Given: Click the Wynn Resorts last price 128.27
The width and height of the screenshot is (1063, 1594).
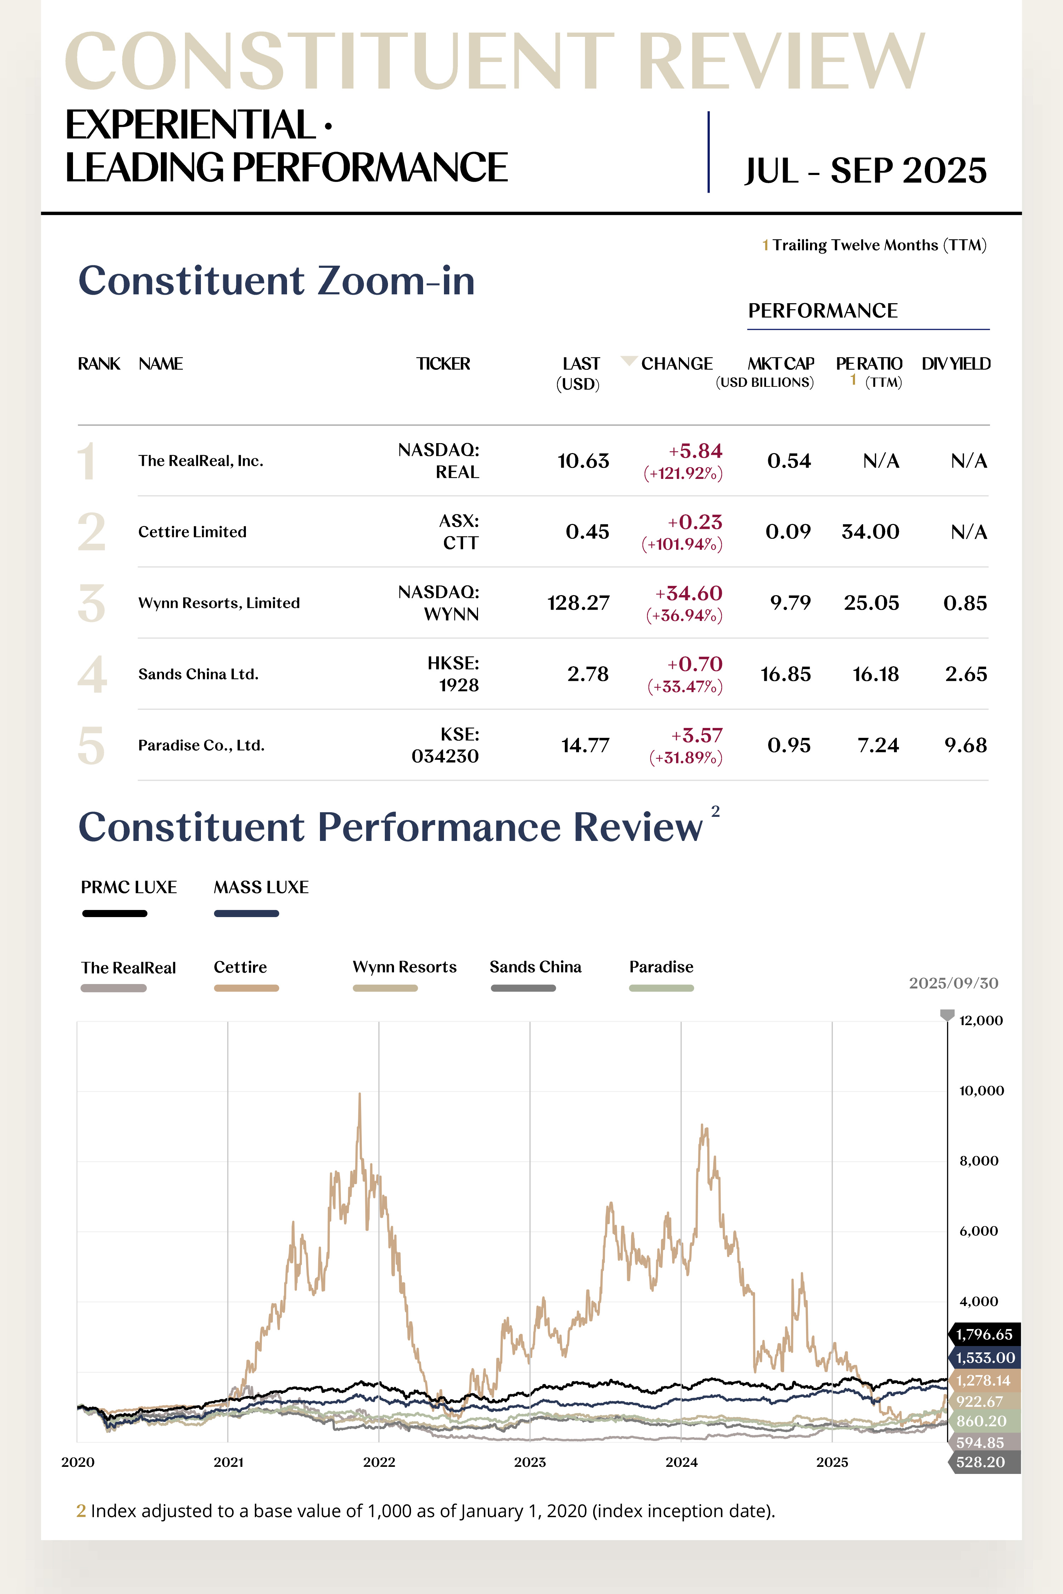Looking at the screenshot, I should (578, 603).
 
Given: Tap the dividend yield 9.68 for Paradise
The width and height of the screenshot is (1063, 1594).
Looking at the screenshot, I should (965, 745).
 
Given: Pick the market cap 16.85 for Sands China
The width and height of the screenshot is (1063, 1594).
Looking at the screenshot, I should (785, 674).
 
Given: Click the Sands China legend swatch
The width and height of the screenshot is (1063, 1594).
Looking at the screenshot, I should (523, 988).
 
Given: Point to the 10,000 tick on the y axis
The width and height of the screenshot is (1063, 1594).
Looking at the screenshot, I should (981, 1090).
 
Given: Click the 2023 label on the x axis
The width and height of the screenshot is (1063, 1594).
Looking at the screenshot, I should (529, 1462).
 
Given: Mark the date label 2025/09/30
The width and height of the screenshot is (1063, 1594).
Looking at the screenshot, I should (953, 983).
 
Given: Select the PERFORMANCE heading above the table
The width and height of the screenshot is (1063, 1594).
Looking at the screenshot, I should (822, 310).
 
